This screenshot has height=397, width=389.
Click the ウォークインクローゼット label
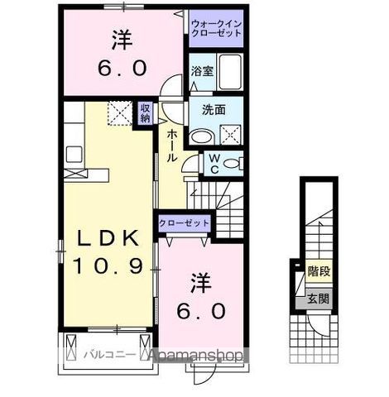(x=216, y=30)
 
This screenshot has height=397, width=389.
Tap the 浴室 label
(x=203, y=70)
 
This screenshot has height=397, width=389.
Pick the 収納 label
(x=145, y=112)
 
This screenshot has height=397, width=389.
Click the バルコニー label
(x=104, y=354)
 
